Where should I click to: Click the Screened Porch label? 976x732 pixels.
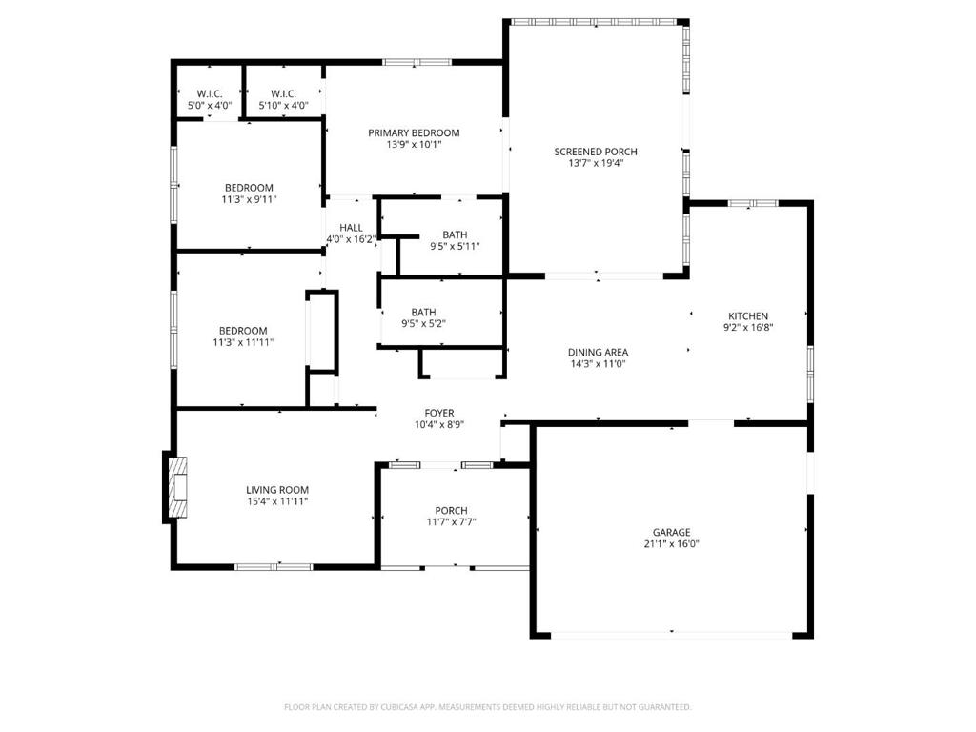coord(596,152)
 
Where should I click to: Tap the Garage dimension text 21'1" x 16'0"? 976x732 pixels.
coord(672,543)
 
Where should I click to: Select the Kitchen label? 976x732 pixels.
coord(748,315)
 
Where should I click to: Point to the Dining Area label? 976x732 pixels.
coord(598,353)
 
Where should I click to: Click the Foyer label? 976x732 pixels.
coord(439,413)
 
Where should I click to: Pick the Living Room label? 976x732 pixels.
coord(277,490)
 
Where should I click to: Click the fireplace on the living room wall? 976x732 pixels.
coord(176,487)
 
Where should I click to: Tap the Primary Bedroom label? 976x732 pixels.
coord(414,132)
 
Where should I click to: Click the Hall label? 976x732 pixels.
coord(351,228)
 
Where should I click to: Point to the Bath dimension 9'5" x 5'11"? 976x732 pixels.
coord(455,246)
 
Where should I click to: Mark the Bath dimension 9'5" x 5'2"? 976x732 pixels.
coord(423,323)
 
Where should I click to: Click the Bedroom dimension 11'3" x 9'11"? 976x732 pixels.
coord(249,199)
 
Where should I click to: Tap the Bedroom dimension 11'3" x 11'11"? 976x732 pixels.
coord(243,342)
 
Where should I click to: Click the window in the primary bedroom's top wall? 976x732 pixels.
coord(417,62)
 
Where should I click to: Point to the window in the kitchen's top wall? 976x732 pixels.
coord(753,203)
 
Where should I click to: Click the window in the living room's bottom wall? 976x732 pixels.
coord(274,566)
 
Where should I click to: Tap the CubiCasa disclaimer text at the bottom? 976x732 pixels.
coord(487,707)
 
